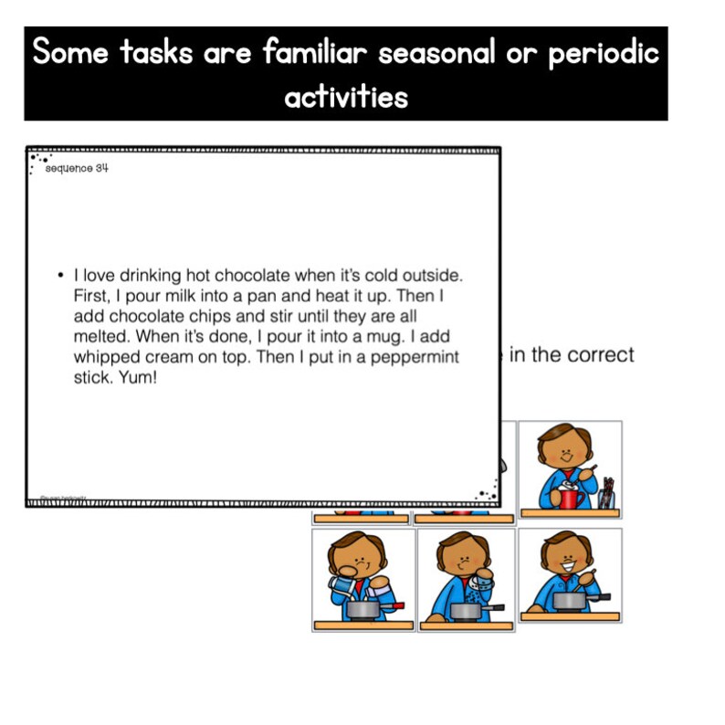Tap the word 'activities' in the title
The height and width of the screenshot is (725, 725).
[x=347, y=96]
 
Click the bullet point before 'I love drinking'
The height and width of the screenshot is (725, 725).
[x=59, y=274]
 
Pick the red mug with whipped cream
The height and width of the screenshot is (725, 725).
[x=571, y=496]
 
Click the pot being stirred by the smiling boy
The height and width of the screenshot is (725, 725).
[x=568, y=600]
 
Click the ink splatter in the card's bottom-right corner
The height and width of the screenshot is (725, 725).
[x=486, y=494]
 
